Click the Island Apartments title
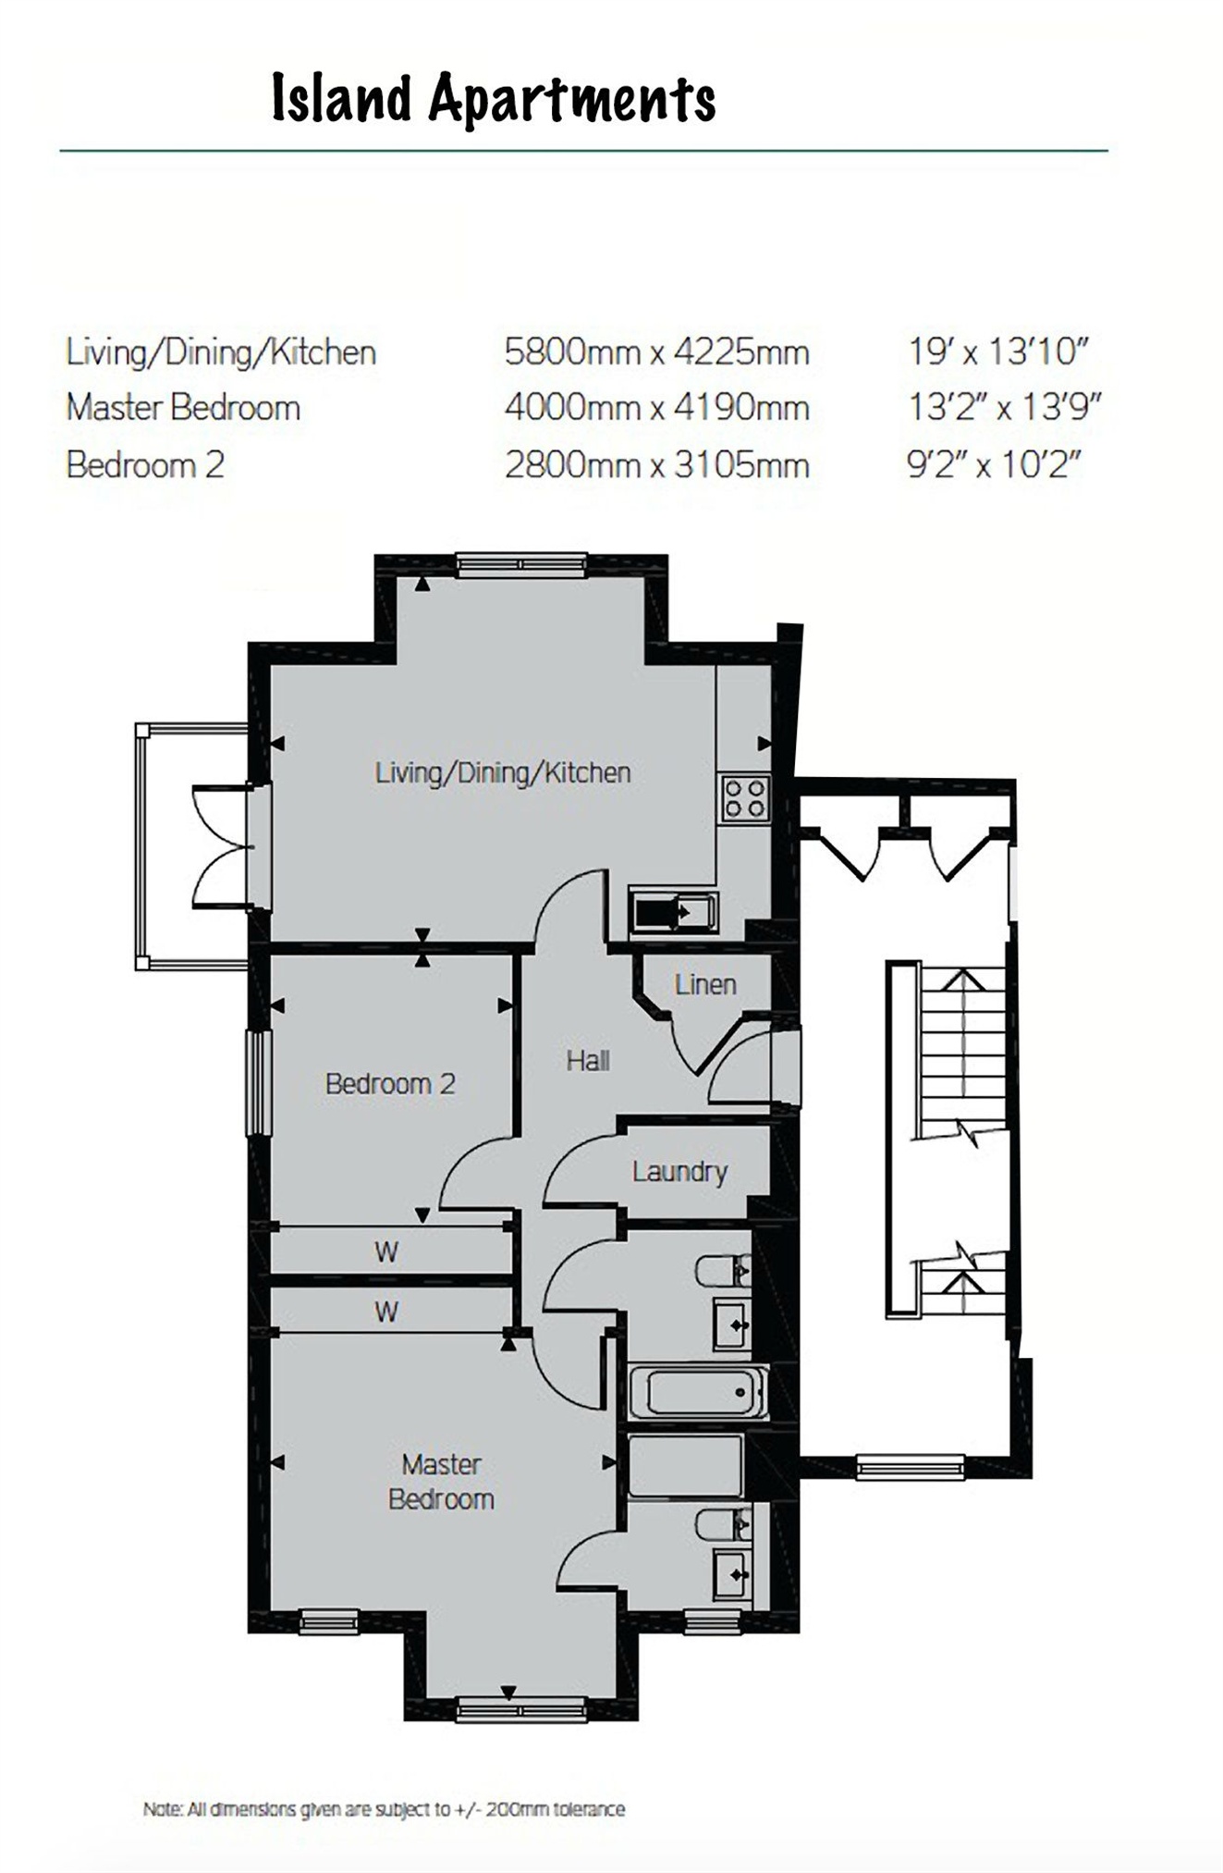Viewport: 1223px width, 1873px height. coord(494,99)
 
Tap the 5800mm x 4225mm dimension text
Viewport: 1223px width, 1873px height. coord(656,352)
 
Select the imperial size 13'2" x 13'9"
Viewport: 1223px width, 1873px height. coord(1004,407)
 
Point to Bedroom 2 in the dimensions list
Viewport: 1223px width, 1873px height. coord(145,464)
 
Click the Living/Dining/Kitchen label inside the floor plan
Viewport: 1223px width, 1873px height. coord(503,772)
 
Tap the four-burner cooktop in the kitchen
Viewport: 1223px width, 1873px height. coord(745,797)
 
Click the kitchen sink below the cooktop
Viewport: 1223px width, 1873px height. coord(673,912)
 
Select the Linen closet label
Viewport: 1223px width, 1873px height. coord(705,984)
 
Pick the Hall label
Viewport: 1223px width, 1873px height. coord(588,1060)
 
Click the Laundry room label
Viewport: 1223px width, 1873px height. coord(679,1172)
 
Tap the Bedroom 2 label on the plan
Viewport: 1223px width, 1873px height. coord(390,1083)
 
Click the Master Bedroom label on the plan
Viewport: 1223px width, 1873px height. coord(441,1481)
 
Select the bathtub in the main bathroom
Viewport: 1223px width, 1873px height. coord(698,1392)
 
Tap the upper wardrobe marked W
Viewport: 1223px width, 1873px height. coord(386,1252)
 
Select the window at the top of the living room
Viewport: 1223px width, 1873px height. coord(521,563)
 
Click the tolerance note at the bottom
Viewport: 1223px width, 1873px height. coord(384,1809)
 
